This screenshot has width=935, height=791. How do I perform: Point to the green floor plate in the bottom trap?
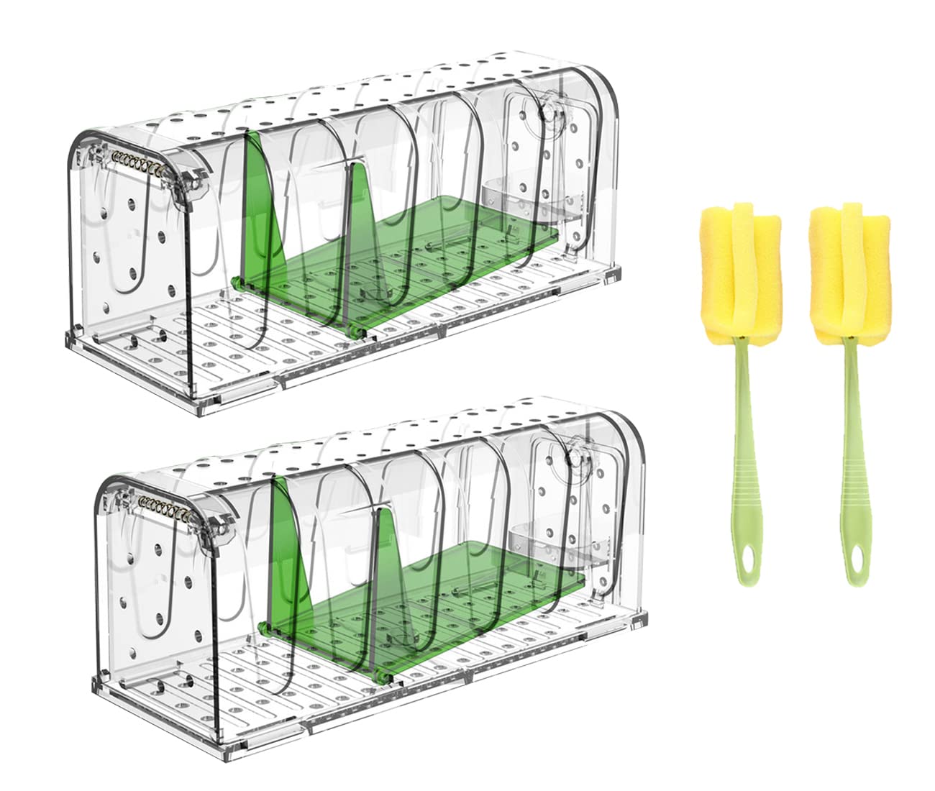tap(460, 575)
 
